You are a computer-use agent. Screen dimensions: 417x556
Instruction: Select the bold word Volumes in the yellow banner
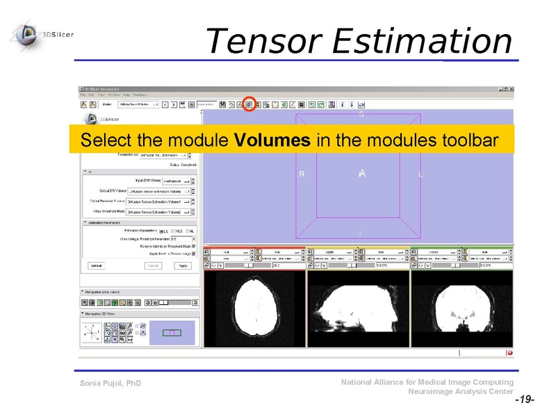click(x=272, y=140)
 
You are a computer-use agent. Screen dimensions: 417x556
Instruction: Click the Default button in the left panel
click(x=97, y=265)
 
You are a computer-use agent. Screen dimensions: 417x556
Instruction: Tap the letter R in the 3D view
click(x=302, y=174)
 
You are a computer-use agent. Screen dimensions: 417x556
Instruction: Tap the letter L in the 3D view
click(x=420, y=174)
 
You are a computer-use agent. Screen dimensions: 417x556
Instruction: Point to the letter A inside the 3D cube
click(x=362, y=173)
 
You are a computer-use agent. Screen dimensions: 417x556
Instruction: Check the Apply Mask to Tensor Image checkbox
click(x=193, y=254)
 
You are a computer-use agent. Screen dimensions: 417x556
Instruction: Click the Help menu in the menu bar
click(x=126, y=94)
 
